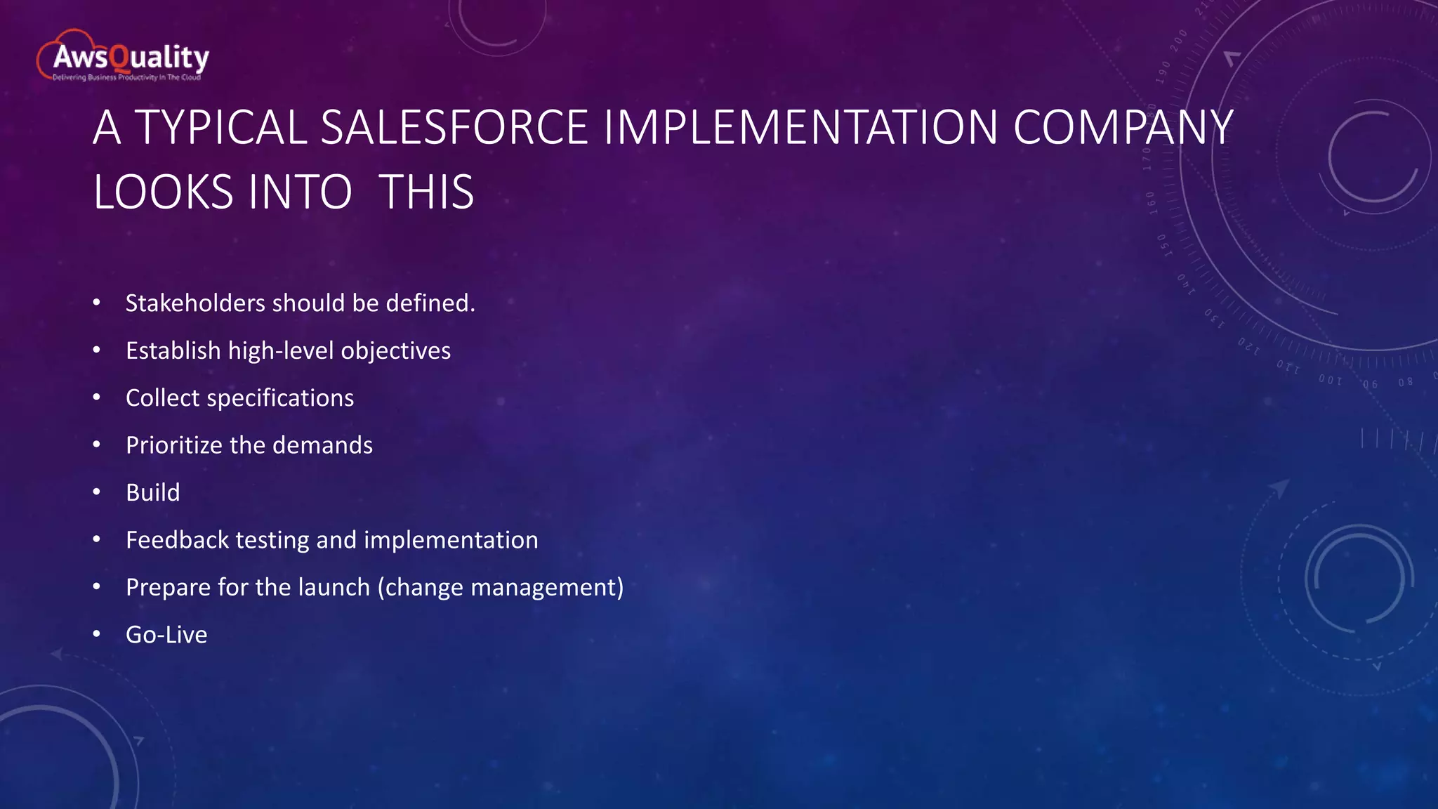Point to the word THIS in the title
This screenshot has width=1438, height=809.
coord(426,192)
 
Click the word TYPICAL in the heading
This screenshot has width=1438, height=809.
coord(220,128)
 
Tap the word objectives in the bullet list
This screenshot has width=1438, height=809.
coord(395,350)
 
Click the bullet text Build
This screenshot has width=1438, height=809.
coord(153,492)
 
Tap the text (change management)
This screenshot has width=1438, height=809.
coord(501,587)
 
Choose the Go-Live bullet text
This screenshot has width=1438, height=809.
coord(166,635)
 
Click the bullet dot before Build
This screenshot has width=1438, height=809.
coord(97,492)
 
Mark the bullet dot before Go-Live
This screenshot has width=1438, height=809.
coord(97,635)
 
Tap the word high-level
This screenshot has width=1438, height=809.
coord(281,350)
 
